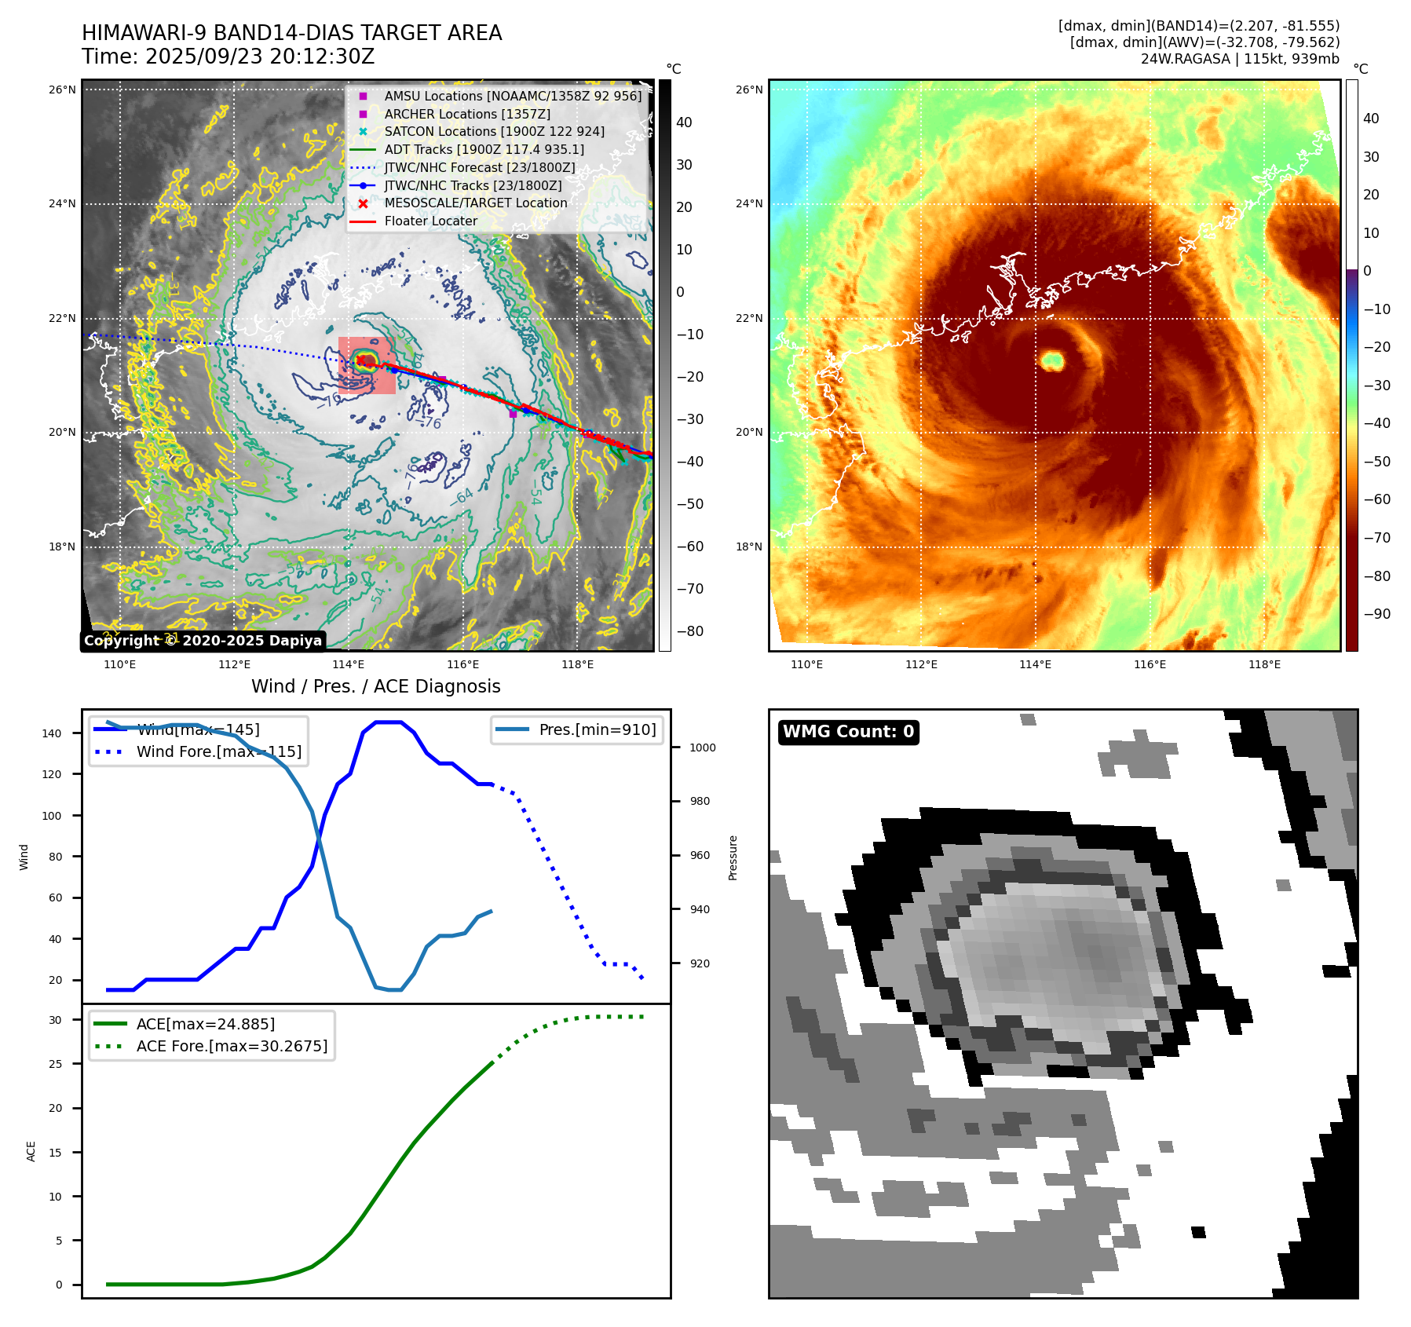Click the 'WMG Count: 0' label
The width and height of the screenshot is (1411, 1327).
(x=848, y=732)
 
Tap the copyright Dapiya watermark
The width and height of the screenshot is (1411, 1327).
(x=203, y=641)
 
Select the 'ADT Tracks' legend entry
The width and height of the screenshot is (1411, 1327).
(x=484, y=149)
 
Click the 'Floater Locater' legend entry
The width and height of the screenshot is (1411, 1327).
(x=430, y=221)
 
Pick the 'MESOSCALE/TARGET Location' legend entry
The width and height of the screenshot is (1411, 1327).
(x=475, y=203)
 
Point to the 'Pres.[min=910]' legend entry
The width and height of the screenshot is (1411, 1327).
(x=597, y=729)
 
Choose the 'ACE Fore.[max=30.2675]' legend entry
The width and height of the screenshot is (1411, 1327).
(x=232, y=1046)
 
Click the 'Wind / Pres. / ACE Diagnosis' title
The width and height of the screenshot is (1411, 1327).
(x=375, y=686)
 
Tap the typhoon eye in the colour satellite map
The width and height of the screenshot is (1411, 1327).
(x=1051, y=360)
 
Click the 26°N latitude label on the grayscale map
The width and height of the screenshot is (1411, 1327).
(x=62, y=90)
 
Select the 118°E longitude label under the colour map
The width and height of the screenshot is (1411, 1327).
(x=1264, y=664)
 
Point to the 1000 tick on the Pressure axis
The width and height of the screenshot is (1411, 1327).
(x=702, y=748)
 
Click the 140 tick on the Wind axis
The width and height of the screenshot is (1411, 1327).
(x=52, y=733)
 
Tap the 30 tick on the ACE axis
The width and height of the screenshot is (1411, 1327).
(x=55, y=1020)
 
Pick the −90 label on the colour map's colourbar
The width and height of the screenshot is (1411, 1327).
(x=1376, y=614)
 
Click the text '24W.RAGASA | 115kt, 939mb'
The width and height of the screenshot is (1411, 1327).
(x=1240, y=59)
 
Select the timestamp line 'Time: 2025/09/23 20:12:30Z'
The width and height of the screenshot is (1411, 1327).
(x=228, y=57)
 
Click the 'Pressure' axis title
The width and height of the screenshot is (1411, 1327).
(x=733, y=857)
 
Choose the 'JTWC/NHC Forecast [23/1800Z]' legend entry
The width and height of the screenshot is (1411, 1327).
(x=479, y=167)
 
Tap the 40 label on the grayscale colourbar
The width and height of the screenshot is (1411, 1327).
(x=684, y=122)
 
